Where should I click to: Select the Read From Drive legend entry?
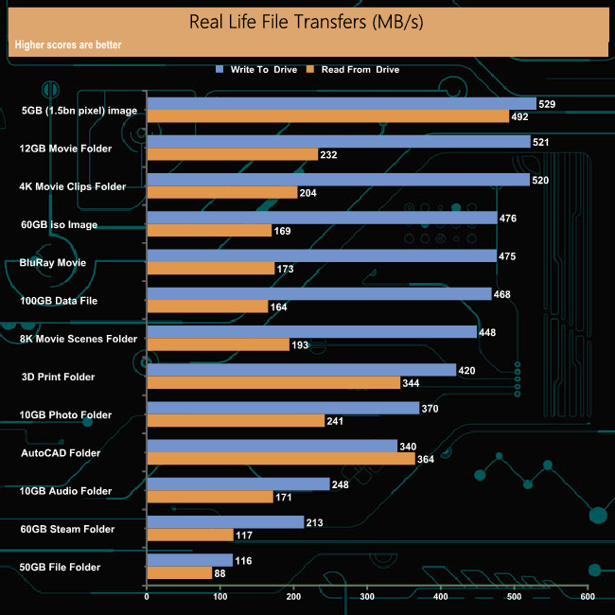[x=359, y=69]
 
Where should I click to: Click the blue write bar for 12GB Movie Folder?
[x=339, y=142]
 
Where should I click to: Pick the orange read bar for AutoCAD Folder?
[x=281, y=459]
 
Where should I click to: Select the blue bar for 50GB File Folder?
[x=190, y=560]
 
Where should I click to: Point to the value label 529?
[x=548, y=104]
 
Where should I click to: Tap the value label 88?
[x=222, y=572]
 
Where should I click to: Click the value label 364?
[x=426, y=459]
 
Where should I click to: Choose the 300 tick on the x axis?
[x=367, y=597]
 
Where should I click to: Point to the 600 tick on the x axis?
[x=588, y=597]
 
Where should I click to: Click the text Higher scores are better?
[x=68, y=44]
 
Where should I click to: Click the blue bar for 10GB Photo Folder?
[x=283, y=408]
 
